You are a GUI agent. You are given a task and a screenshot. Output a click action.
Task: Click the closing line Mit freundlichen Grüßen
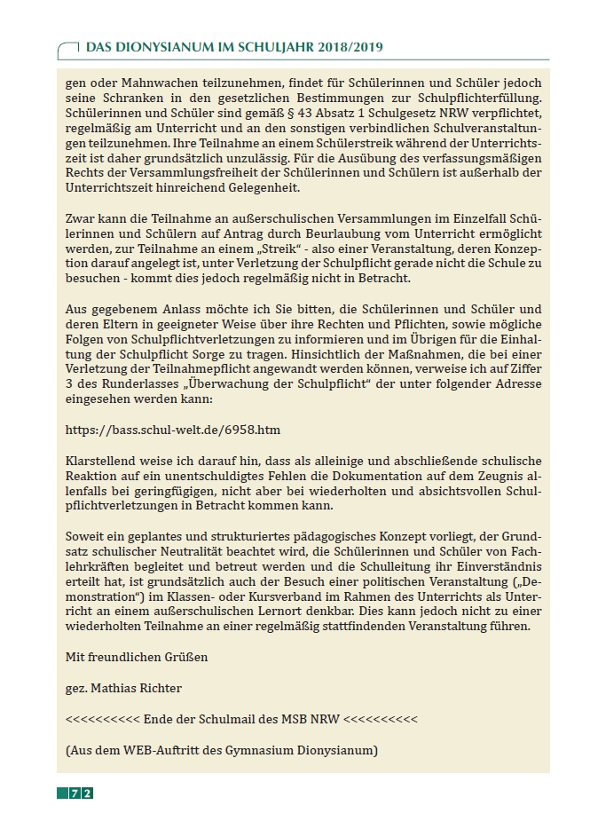[137, 657]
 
